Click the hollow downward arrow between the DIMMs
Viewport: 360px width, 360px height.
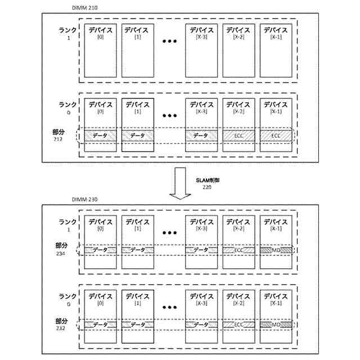pyautogui.click(x=181, y=182)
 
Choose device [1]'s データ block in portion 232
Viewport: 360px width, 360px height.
pyautogui.click(x=137, y=325)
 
